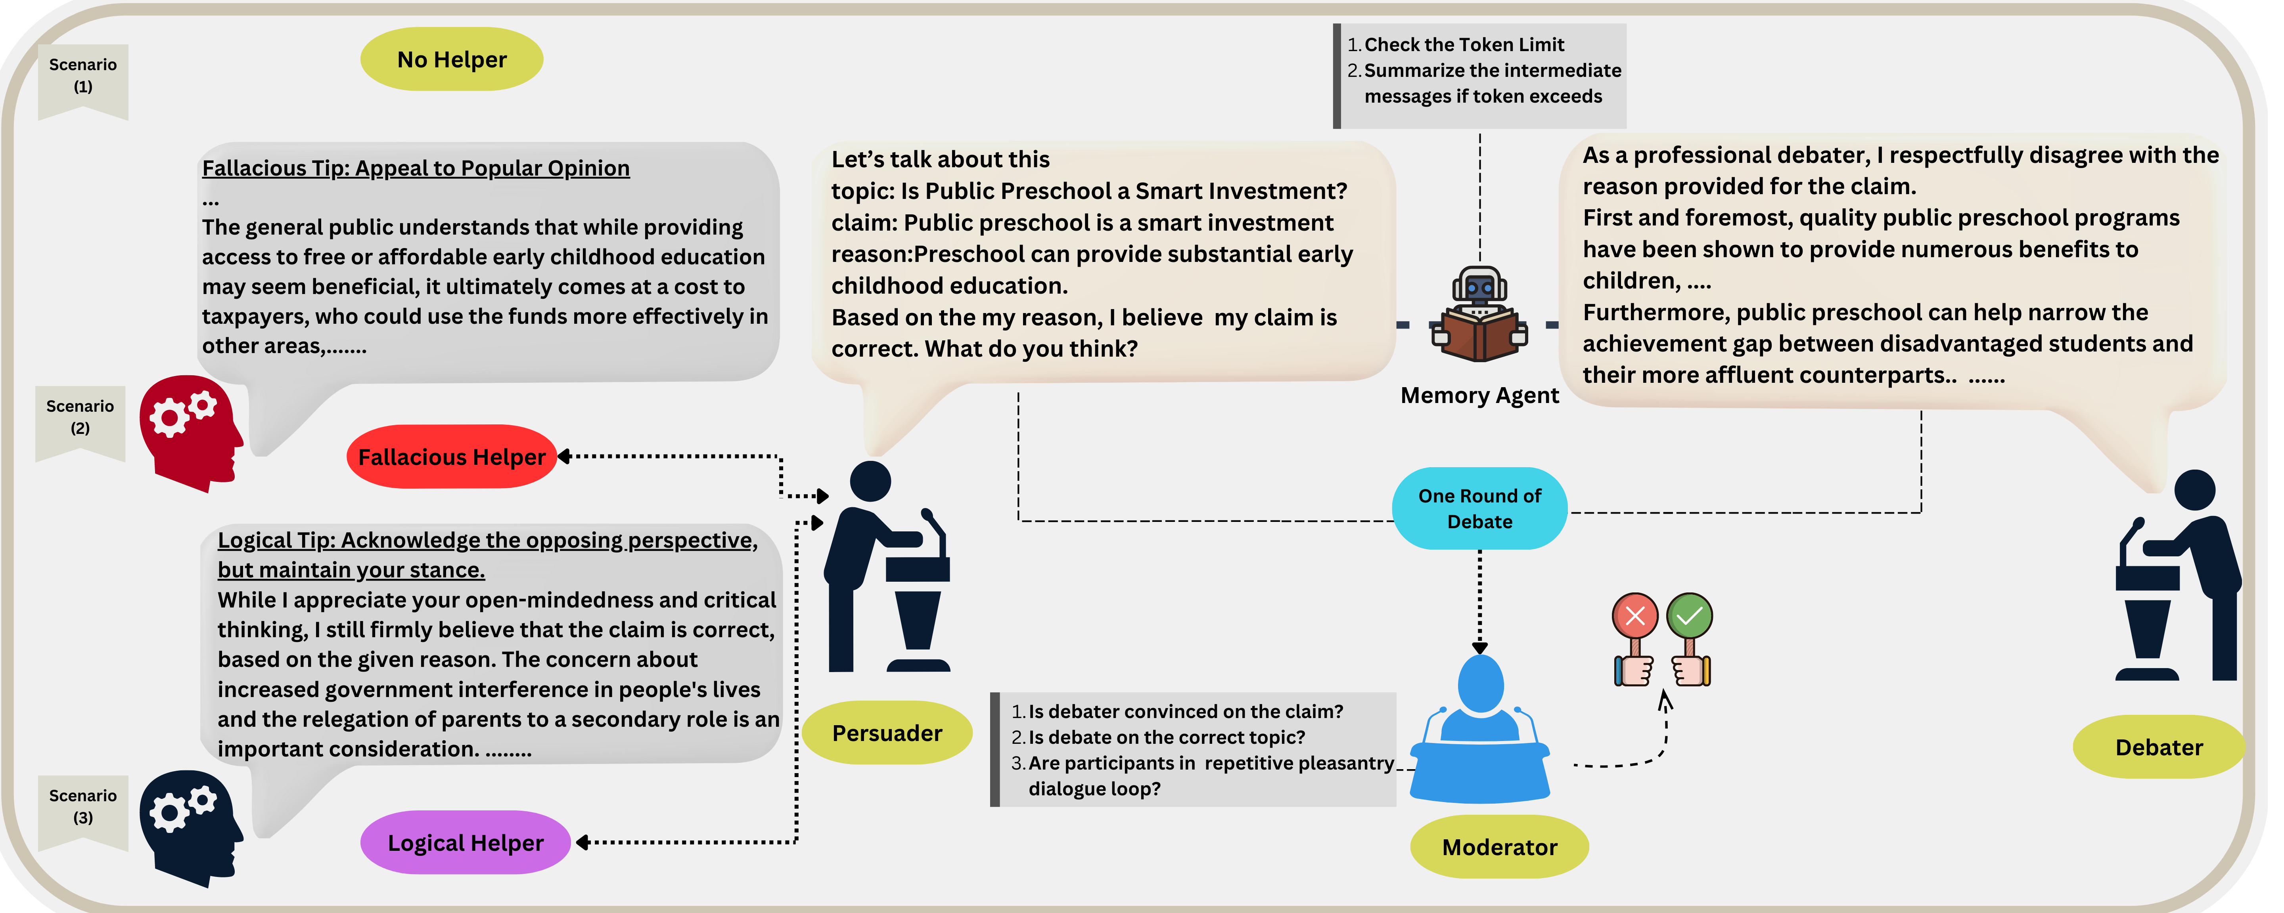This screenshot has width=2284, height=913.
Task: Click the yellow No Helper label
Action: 451,59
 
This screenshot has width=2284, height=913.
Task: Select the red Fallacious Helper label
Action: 451,456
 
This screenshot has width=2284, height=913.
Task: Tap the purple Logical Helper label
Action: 466,842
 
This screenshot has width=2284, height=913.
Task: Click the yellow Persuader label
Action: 887,733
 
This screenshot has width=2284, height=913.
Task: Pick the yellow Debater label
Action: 2159,747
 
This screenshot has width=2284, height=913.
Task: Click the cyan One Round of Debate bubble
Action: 1479,508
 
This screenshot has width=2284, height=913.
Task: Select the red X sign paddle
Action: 1635,638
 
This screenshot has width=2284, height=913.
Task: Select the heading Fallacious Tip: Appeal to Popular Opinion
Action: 416,168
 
